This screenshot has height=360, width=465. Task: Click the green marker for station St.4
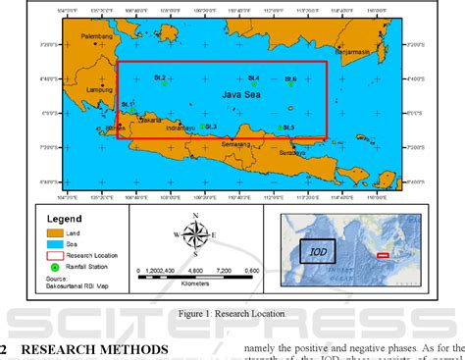click(x=253, y=85)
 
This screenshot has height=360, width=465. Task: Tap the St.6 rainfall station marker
click(x=291, y=86)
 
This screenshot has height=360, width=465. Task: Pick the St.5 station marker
click(x=281, y=128)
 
